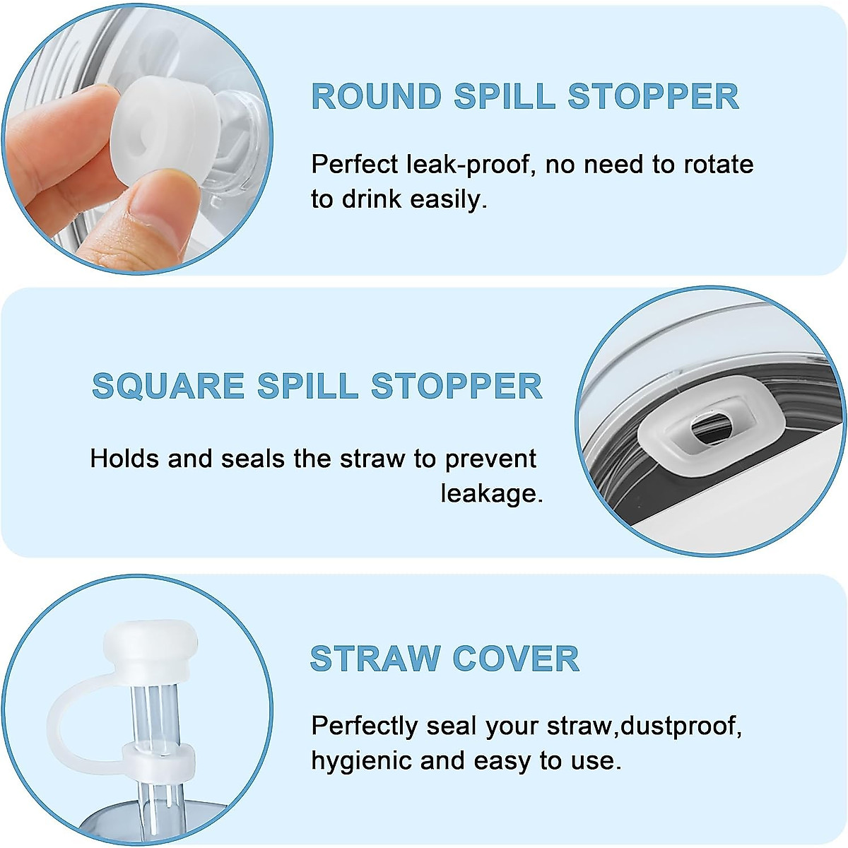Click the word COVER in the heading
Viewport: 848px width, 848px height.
[515, 659]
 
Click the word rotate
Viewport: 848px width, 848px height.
[717, 165]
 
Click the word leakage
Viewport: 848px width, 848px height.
[492, 493]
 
